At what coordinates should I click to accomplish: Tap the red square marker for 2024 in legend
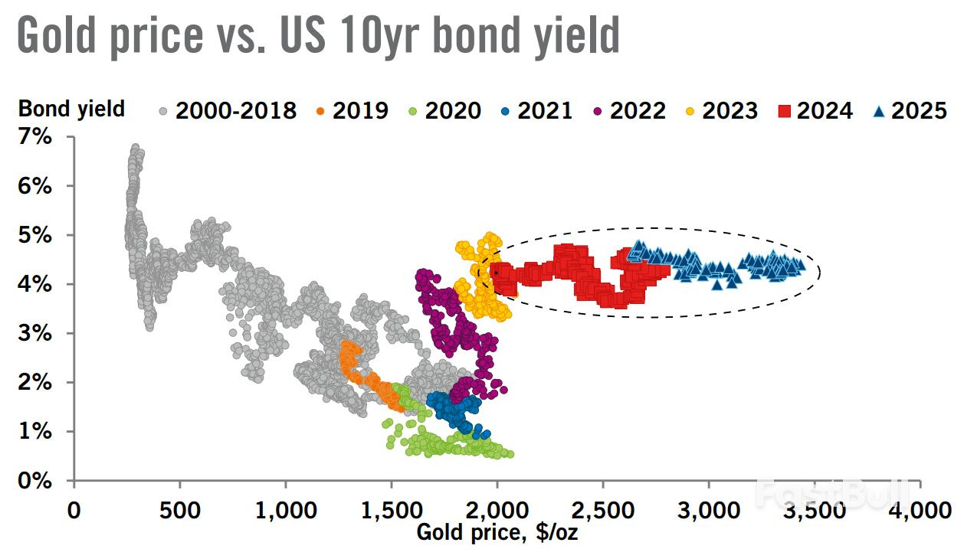pos(785,111)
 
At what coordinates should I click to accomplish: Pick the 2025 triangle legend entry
pos(880,111)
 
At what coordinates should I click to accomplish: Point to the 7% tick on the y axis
pos(35,137)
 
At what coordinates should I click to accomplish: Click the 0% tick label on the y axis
pos(35,481)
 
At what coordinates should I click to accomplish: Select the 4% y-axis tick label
pos(35,285)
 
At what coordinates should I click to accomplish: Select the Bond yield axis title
pos(71,109)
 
